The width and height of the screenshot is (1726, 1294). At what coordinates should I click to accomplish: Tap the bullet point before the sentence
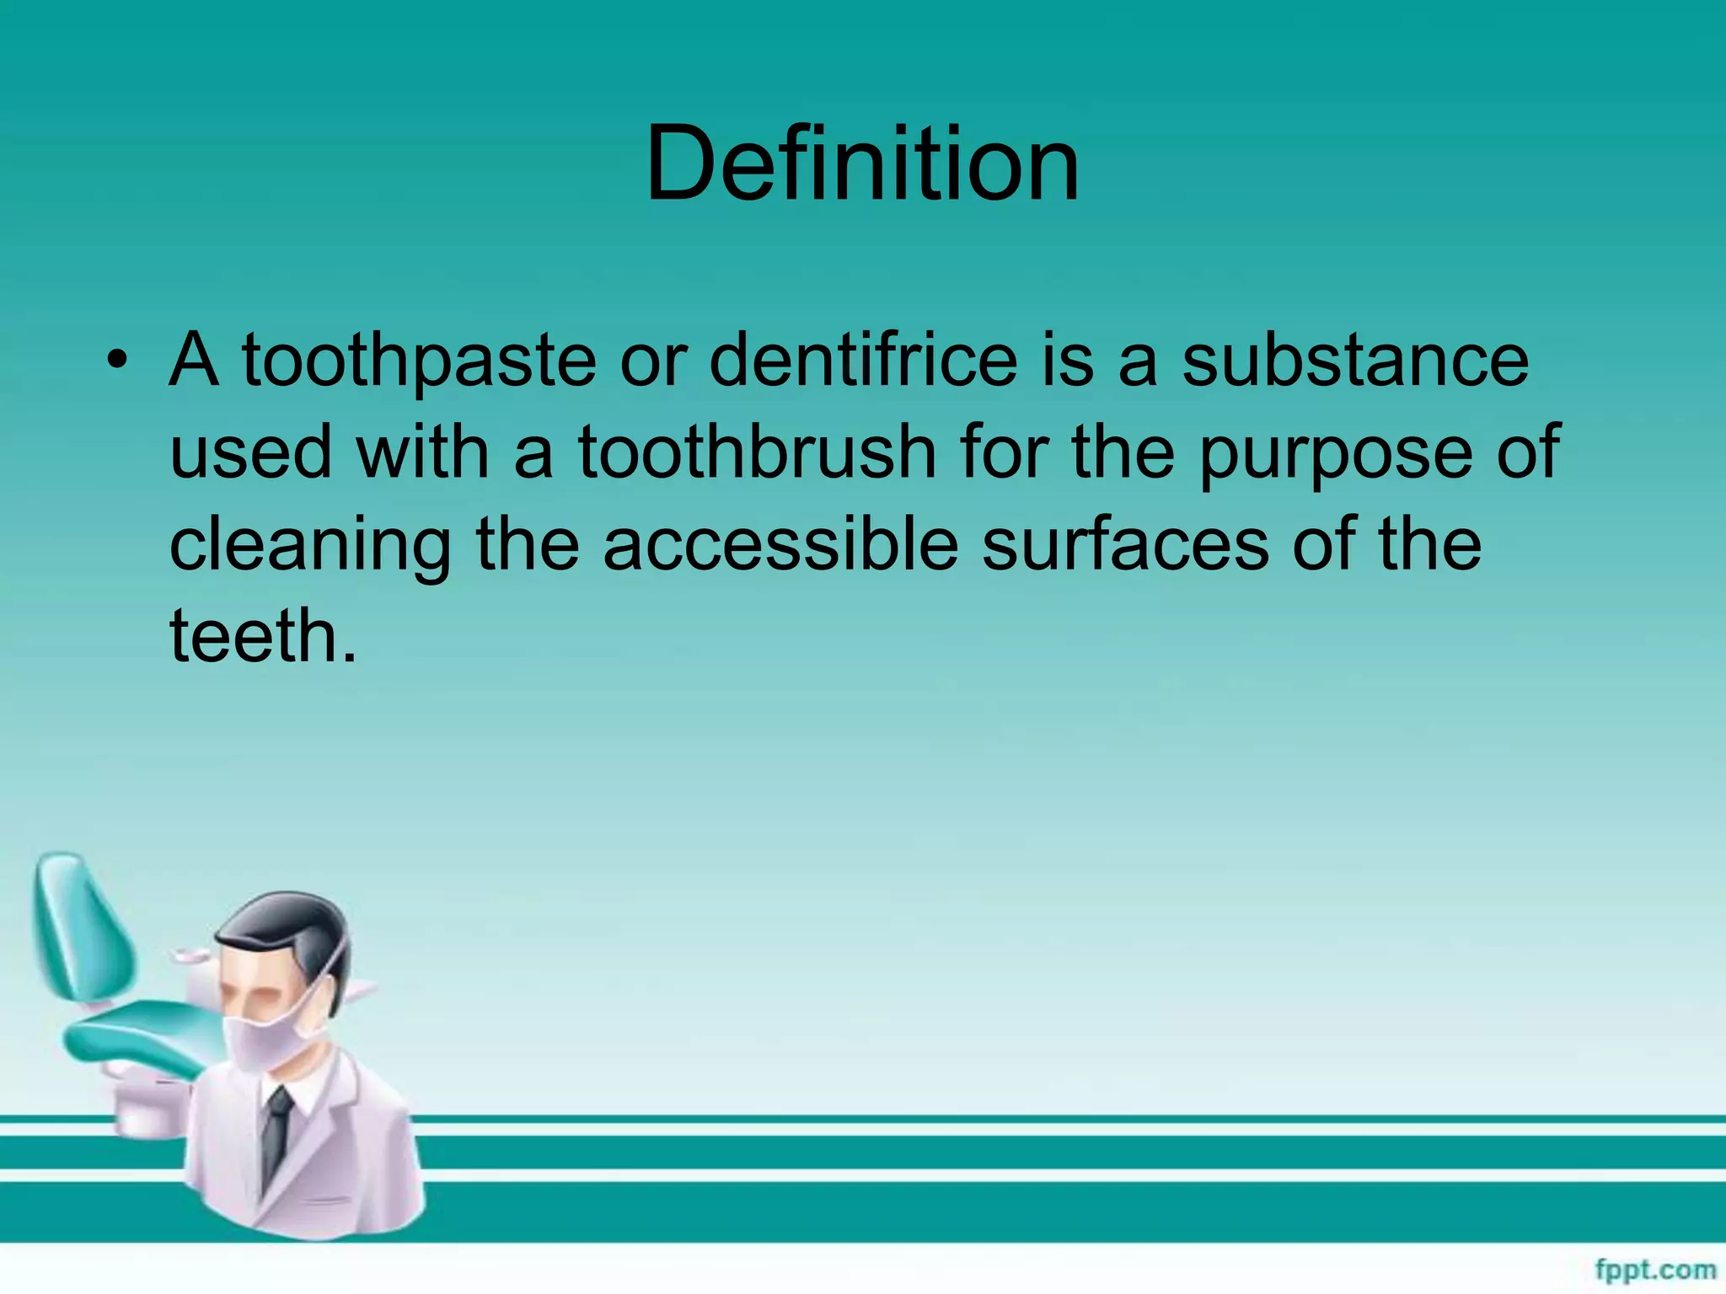click(x=117, y=361)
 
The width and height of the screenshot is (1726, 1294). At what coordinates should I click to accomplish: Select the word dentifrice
click(x=863, y=361)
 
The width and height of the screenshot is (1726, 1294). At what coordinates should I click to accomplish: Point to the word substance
click(x=1354, y=361)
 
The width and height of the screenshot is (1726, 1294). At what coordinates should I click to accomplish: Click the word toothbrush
click(x=756, y=452)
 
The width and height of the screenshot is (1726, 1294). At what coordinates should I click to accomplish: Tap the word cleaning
click(x=310, y=546)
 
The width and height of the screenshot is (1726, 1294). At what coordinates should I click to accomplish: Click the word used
click(x=250, y=452)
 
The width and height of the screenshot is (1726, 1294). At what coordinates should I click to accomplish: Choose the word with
click(x=421, y=452)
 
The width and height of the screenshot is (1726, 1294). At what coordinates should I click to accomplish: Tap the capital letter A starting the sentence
click(x=194, y=361)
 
